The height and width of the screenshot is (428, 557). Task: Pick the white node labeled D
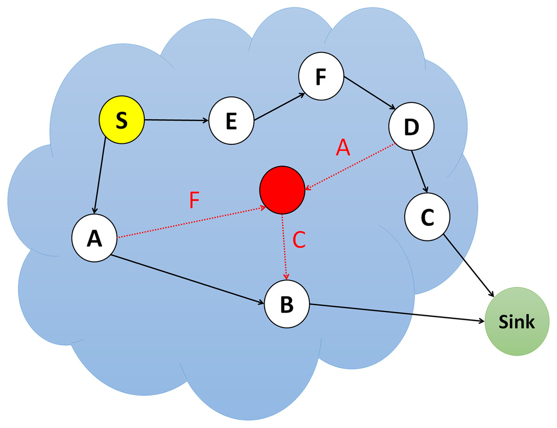pos(411,127)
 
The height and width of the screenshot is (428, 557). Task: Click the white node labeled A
pos(94,238)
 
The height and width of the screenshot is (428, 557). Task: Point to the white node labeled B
pos(287,304)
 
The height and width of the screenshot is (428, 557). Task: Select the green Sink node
pos(517,322)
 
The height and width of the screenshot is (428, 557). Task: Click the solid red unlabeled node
pos(282,191)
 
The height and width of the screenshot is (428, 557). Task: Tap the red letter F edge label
pos(195,201)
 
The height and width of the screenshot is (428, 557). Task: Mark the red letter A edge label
pos(342,149)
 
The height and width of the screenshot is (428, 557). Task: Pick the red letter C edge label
pos(299,240)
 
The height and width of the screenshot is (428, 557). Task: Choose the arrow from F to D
pos(369,93)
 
